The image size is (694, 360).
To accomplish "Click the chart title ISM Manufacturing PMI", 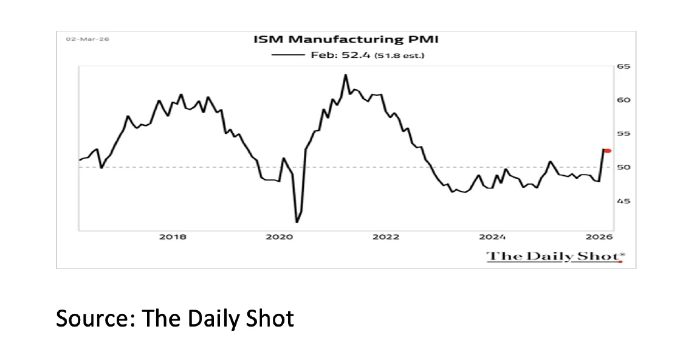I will pos(346,40).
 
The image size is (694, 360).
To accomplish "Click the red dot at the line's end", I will pos(608,150).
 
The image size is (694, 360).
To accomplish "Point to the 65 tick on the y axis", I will pos(624,67).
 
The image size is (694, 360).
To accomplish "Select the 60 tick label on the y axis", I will pos(624,100).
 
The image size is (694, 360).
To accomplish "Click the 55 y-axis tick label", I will pos(624,134).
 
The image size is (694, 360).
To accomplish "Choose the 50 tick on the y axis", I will pos(624,167).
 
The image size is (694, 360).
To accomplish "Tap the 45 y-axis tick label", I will pos(624,201).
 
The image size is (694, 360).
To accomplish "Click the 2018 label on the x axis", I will pos(173,237).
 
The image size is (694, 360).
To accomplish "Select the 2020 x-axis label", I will pos(279,237).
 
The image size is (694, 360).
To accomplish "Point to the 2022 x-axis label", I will pos(386,237).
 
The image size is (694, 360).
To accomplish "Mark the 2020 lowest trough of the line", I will pos(297,222).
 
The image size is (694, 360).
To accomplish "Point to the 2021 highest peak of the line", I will pos(345,75).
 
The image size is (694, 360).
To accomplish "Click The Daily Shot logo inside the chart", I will pos(555,256).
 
